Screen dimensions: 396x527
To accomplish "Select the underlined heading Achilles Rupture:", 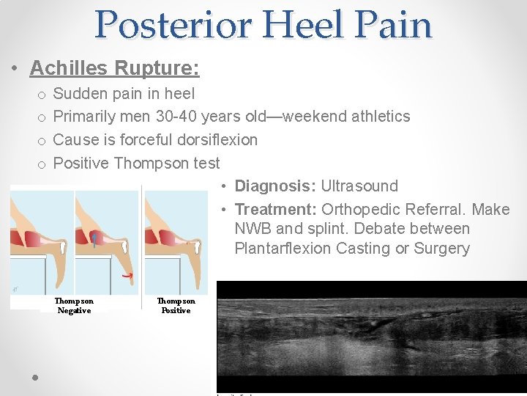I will pos(114,68).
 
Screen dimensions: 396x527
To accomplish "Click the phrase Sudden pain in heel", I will pos(124,93).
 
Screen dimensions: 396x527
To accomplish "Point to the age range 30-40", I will pos(176,116).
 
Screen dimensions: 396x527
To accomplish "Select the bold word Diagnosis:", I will pos(275,186).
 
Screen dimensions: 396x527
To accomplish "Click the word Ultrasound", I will pos(359,186).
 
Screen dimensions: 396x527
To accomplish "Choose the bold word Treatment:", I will pos(275,210).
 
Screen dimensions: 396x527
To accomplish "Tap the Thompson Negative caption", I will pos(74,306).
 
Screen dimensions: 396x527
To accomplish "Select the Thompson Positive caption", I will pos(176,306).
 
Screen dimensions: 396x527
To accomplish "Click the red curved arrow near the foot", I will pos(127,275).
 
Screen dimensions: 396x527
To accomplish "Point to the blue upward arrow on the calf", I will pos(94,240).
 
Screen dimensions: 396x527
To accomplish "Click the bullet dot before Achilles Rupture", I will pos(15,69).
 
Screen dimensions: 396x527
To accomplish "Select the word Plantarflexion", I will pos(283,248).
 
